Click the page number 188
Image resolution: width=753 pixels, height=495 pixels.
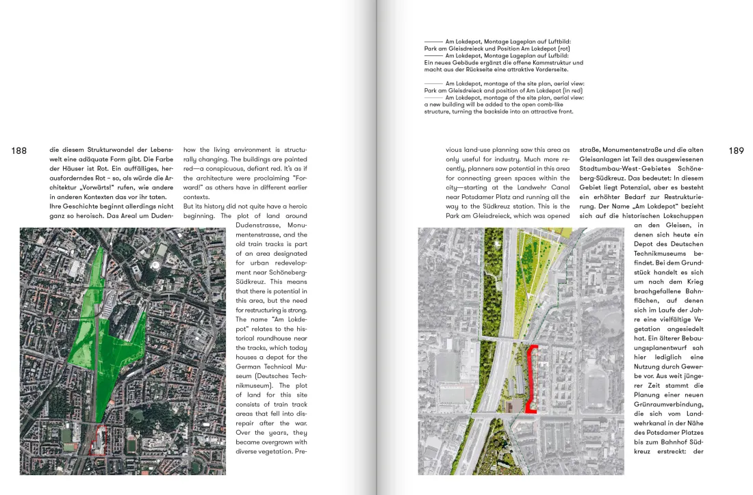coord(19,150)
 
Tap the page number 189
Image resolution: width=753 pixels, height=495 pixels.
coord(736,150)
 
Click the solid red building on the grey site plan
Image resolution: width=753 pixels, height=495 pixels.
coord(533,379)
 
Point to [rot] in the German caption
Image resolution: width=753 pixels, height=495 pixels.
coord(563,49)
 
